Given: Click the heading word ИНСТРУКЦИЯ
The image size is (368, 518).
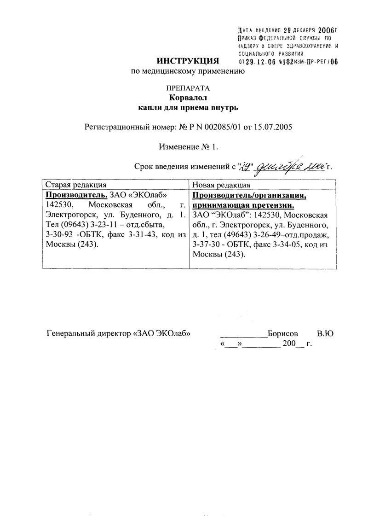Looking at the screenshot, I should click(188, 61).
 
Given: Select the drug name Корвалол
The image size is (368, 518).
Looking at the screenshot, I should click(188, 98).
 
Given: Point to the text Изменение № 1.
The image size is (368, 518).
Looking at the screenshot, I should click(188, 147).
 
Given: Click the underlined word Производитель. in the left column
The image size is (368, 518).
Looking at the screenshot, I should click(77, 195).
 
